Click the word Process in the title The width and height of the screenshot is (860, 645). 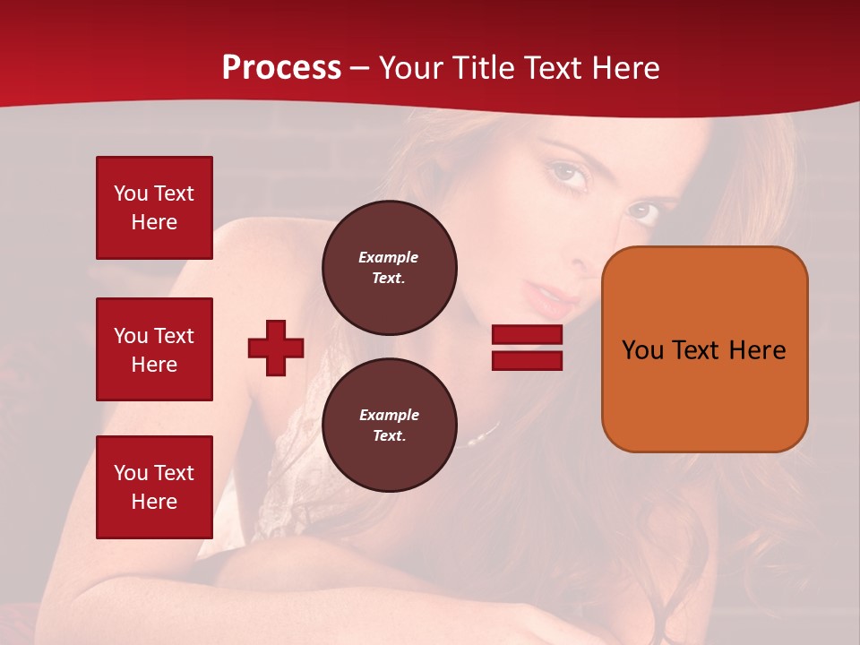(x=281, y=68)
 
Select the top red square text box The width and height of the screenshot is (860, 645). (x=154, y=208)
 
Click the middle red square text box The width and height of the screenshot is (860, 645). (x=154, y=349)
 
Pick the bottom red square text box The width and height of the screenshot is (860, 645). (x=154, y=486)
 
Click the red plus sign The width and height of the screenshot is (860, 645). (x=276, y=348)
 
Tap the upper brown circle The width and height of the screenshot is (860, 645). (x=389, y=267)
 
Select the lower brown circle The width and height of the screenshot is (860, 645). (x=389, y=425)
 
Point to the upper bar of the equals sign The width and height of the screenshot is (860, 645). (x=527, y=335)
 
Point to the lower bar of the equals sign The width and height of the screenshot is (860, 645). (x=527, y=360)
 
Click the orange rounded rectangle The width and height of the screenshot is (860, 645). (x=704, y=349)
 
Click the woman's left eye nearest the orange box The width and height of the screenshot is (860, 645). (x=641, y=212)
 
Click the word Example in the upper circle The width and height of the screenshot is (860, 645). (x=388, y=257)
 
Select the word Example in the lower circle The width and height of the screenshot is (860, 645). (x=389, y=415)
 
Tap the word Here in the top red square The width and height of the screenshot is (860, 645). (x=154, y=222)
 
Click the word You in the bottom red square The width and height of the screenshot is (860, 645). (x=130, y=473)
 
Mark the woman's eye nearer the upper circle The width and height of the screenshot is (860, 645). (x=568, y=172)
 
